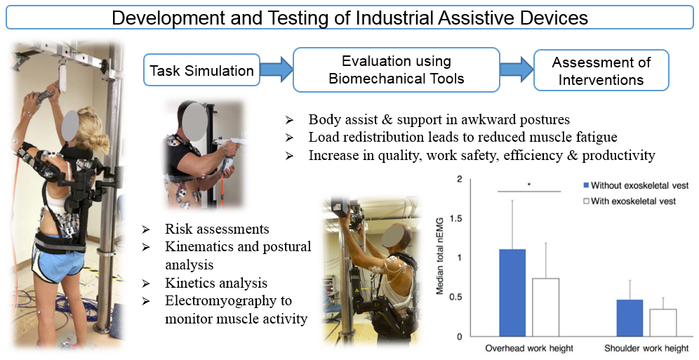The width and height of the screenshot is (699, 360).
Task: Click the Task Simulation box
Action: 201,70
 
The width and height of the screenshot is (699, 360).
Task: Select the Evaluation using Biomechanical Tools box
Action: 397,69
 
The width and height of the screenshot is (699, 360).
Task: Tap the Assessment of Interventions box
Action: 601,70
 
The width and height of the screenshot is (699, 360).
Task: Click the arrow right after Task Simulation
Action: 277,69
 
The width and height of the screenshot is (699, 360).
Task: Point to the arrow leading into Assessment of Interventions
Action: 517,69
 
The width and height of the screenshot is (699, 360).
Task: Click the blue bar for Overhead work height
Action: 512,293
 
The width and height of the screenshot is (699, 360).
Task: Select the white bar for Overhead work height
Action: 545,307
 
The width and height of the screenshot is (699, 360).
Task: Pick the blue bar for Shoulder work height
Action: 630,318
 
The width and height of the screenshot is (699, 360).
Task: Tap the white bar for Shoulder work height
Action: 663,323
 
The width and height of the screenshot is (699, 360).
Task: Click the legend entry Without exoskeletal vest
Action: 636,185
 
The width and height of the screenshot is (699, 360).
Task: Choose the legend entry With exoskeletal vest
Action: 630,201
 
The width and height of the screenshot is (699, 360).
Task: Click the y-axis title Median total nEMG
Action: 439,255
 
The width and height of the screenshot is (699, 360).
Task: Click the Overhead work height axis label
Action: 529,348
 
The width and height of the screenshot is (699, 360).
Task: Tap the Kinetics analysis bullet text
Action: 216,283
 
